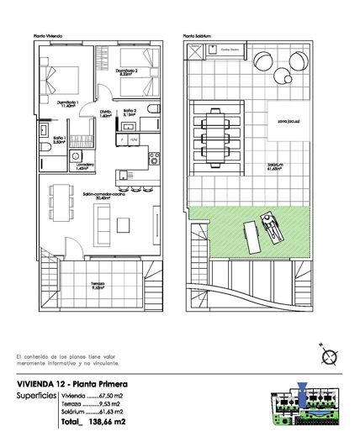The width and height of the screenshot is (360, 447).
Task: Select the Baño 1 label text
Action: coord(59,139)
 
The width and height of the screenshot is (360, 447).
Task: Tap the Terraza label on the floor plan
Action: coord(98,286)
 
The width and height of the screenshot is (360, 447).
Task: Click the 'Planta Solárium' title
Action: coord(198,36)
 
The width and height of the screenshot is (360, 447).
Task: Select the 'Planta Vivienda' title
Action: coord(47,36)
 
